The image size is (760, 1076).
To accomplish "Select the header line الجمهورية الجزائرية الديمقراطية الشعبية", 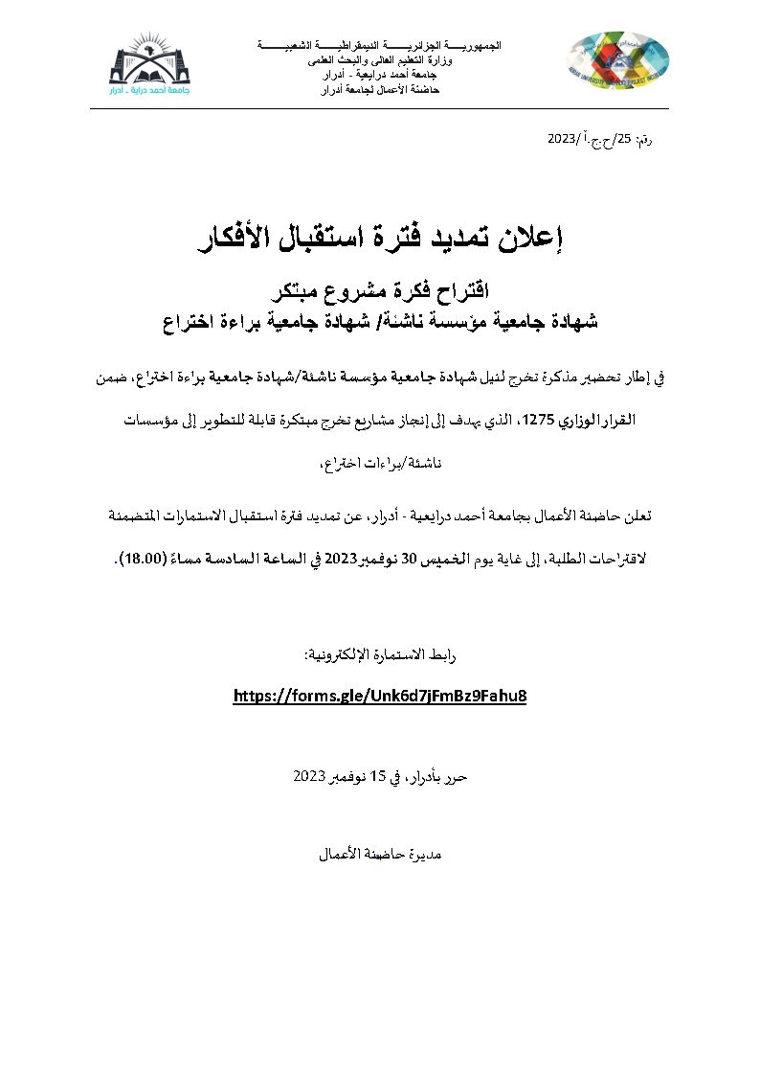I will [x=380, y=46].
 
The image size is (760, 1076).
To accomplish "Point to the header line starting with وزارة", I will [x=380, y=59].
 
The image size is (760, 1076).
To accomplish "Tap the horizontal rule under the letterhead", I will [x=380, y=109].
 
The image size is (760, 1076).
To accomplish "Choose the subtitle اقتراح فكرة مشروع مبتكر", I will [x=380, y=289].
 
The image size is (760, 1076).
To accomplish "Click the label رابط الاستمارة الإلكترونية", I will [x=380, y=654].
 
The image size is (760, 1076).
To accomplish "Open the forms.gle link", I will [x=380, y=695].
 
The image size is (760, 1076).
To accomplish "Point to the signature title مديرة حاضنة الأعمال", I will [x=380, y=852].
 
